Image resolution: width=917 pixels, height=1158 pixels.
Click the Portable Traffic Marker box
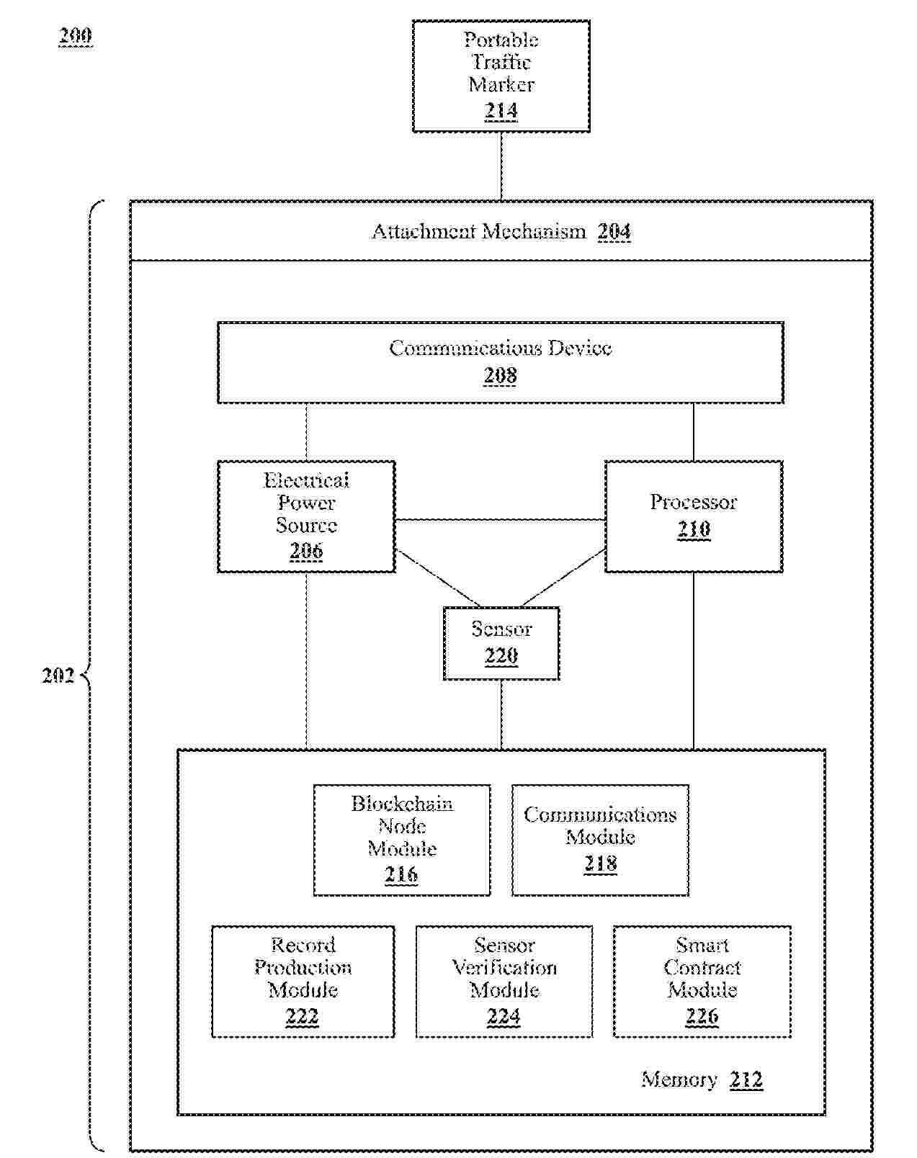coord(501,76)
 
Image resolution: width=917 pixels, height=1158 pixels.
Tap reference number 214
coord(501,111)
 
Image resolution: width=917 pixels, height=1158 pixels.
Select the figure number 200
coord(76,36)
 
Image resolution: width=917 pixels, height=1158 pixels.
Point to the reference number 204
coord(614,232)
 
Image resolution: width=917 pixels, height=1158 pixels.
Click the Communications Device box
coord(500,362)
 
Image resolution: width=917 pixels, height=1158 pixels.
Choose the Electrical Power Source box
coord(306,516)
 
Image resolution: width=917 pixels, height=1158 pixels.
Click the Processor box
coord(693,516)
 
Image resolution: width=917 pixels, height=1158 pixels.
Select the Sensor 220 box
coord(501,642)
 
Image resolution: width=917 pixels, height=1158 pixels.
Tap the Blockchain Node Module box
coord(402,840)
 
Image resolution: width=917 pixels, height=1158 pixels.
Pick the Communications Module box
coord(600,840)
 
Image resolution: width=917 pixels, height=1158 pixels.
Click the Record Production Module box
coord(303,981)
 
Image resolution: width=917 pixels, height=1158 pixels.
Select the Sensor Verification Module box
coord(504,981)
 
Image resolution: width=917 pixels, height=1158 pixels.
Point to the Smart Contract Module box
coord(702,981)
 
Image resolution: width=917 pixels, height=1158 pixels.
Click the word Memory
coord(679,1080)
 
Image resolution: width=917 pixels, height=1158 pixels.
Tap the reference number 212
coord(746,1080)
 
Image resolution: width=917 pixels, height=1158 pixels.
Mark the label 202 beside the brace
coord(58,675)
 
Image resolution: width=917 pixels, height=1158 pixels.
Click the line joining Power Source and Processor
coord(500,519)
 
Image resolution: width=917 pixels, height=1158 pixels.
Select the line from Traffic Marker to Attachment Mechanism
coord(501,166)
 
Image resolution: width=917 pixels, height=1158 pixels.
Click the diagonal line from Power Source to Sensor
coord(437,578)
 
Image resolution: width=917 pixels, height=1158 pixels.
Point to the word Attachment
coord(424,232)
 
